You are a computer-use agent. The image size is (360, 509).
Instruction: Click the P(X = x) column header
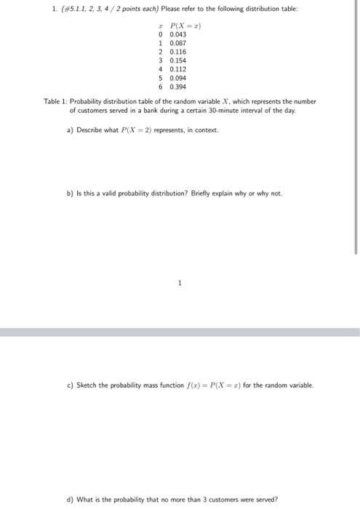(183, 25)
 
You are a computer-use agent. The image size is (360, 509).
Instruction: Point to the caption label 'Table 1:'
(56, 102)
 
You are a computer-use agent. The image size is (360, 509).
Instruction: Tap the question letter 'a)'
(69, 130)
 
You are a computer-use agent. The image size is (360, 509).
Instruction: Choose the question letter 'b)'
(70, 194)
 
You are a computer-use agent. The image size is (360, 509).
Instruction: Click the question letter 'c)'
(70, 385)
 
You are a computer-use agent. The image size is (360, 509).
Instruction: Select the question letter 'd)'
(70, 500)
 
